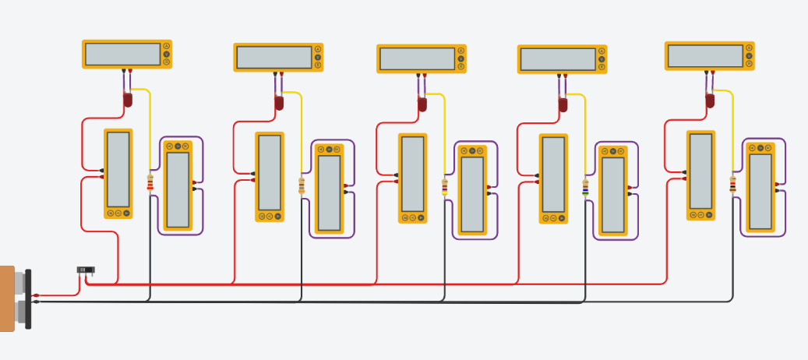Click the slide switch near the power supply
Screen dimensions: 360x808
tap(86, 270)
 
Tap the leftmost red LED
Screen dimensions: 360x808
tap(128, 99)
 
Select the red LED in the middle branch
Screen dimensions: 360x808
tap(422, 104)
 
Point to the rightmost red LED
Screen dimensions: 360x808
tap(710, 101)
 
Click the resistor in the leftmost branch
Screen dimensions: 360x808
tap(150, 182)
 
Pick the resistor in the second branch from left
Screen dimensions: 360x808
tap(302, 185)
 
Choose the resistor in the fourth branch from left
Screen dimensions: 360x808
tap(585, 188)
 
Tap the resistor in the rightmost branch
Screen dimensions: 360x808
tap(732, 184)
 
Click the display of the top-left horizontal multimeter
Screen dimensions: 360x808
tap(122, 54)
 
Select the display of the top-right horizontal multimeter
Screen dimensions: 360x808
tap(705, 55)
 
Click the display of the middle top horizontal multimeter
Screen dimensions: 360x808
tap(417, 58)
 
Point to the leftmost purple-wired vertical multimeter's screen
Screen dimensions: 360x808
tap(178, 189)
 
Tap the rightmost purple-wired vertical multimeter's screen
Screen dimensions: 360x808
tap(760, 191)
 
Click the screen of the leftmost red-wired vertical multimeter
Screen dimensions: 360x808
tap(118, 169)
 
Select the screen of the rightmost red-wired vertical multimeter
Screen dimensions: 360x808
tap(700, 171)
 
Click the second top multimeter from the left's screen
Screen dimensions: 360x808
tap(273, 57)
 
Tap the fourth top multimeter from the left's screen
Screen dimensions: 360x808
tap(557, 59)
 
